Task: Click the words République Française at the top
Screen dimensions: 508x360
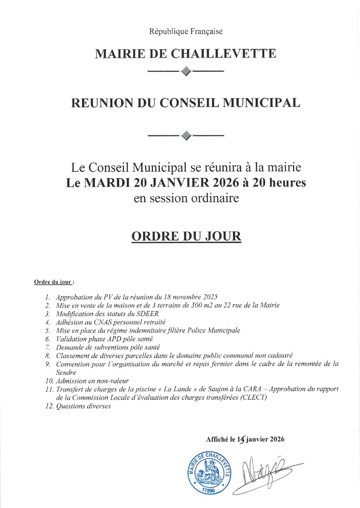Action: [186, 32]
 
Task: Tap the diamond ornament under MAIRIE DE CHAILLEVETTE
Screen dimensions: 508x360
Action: [186, 71]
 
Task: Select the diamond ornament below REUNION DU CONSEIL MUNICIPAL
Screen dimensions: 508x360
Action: [186, 135]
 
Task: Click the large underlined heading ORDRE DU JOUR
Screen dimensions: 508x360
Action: [186, 236]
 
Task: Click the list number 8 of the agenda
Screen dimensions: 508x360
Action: [47, 356]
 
